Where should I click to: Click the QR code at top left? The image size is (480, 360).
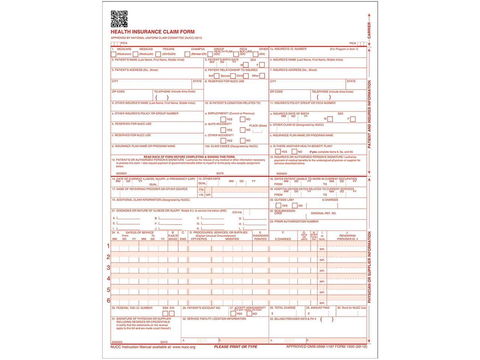(x=119, y=19)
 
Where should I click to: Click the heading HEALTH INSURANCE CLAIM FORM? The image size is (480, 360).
(x=153, y=32)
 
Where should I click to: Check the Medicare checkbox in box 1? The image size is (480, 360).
(x=114, y=54)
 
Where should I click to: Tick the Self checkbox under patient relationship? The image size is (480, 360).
(x=217, y=76)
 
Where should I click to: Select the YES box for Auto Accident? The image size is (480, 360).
(x=223, y=130)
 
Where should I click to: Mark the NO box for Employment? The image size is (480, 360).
(x=243, y=119)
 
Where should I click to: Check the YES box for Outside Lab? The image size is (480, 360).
(x=278, y=205)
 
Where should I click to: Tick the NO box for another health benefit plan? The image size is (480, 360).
(x=294, y=152)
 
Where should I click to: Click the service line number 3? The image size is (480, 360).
(x=108, y=268)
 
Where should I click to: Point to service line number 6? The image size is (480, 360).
(x=108, y=300)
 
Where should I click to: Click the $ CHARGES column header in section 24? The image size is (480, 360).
(x=283, y=239)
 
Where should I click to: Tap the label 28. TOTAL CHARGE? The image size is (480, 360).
(x=283, y=308)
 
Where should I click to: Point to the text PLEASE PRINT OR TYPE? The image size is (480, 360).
(x=235, y=347)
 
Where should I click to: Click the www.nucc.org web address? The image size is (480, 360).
(x=184, y=347)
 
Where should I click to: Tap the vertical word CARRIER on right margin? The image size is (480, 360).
(x=369, y=30)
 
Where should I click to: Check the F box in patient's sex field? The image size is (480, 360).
(x=262, y=65)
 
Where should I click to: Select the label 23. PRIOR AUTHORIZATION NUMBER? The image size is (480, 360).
(x=294, y=222)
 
